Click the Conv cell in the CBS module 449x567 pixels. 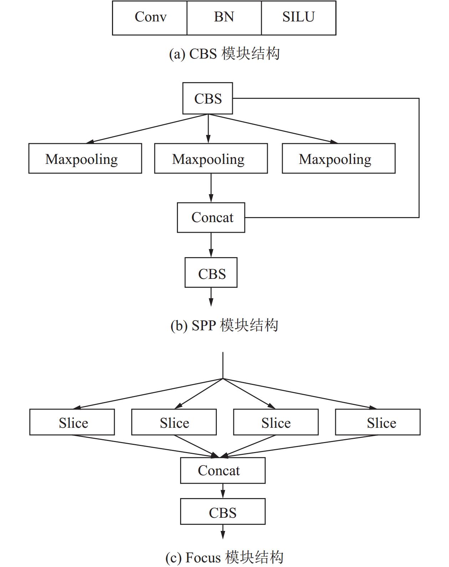coord(150,18)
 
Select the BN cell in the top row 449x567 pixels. coord(224,18)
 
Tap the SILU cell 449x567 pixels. coord(299,18)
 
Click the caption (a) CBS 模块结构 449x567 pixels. coord(224,54)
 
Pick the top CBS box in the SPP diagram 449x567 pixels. coord(208,98)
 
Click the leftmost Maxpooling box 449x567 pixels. coord(85,158)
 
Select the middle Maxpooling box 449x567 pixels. coord(211,158)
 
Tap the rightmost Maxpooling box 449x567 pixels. coord(339,158)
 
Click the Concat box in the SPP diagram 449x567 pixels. coord(211,217)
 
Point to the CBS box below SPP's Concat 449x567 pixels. coord(211,272)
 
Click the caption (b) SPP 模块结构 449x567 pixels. coord(224,325)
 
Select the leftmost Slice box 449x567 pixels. coord(72,422)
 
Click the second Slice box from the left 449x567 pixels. coord(174,422)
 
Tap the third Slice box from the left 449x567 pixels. coord(276,422)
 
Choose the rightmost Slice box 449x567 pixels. coord(378,422)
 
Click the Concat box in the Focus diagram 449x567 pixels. coord(223,470)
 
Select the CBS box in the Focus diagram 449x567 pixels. coord(223,511)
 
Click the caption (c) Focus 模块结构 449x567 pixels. coord(224,557)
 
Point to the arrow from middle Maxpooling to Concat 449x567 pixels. coord(211,188)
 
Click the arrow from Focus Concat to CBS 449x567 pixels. coord(223,491)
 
